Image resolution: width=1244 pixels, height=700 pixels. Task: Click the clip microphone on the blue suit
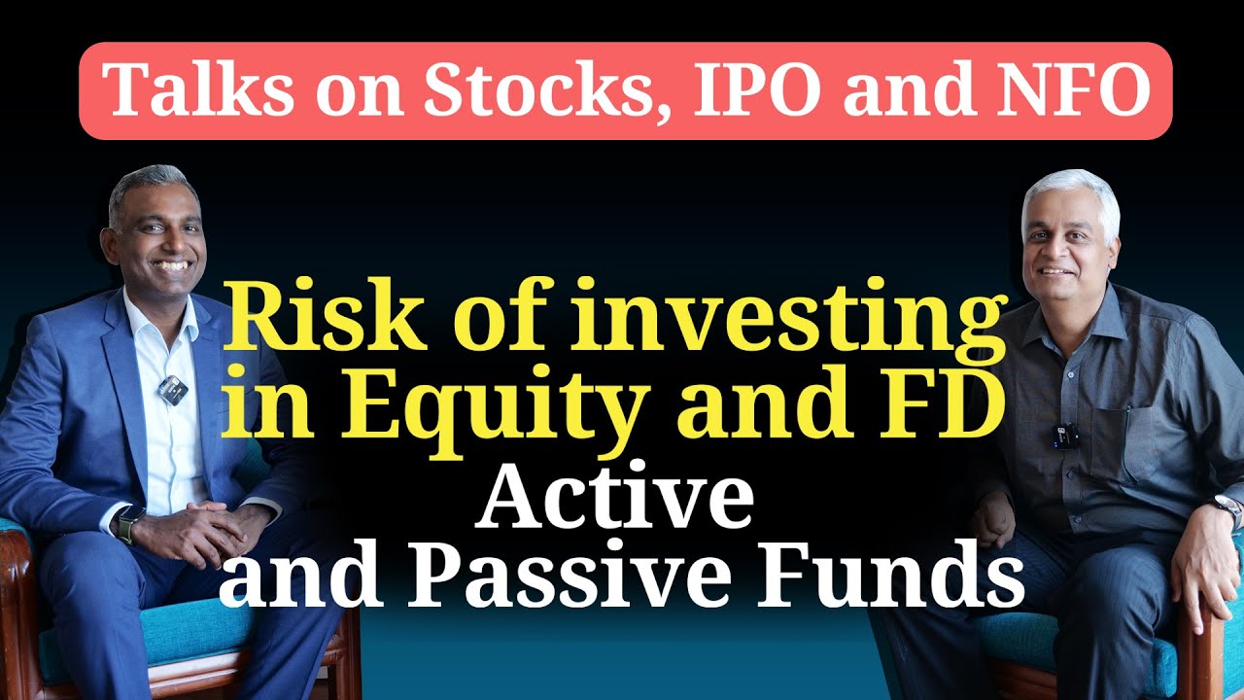coord(171,389)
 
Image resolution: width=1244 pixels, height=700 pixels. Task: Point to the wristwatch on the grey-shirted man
coord(1227,508)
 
